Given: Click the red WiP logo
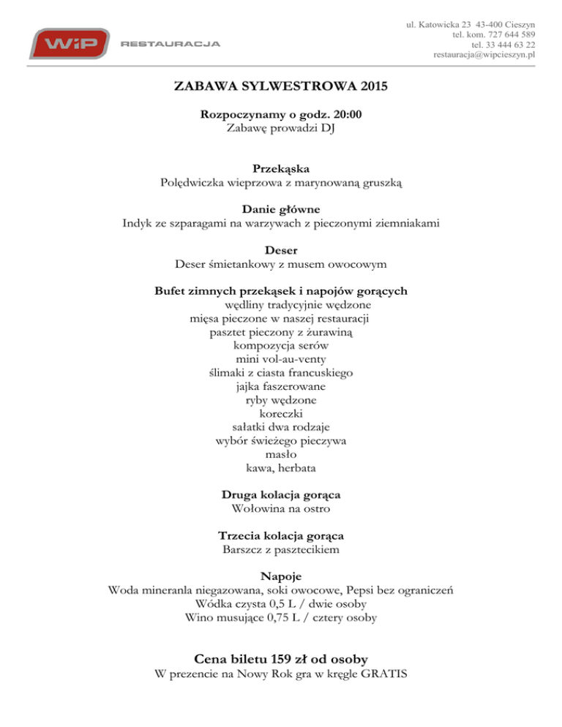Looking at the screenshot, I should (x=70, y=43).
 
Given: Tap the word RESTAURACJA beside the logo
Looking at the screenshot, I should (x=170, y=44).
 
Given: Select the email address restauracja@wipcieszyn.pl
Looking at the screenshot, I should (x=485, y=54).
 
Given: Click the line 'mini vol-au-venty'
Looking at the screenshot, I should (x=281, y=359).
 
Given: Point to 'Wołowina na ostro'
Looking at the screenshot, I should (x=281, y=508).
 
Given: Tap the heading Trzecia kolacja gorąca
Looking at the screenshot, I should (x=281, y=535).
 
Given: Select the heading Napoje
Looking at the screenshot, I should (x=281, y=576).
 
